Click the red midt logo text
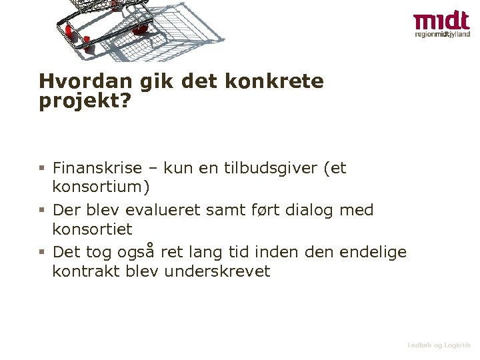point(441,21)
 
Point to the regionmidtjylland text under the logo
point(441,35)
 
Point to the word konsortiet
point(93,229)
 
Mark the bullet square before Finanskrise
point(41,169)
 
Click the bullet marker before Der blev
point(41,211)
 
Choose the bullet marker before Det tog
point(41,253)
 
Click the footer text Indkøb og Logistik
point(439,345)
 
